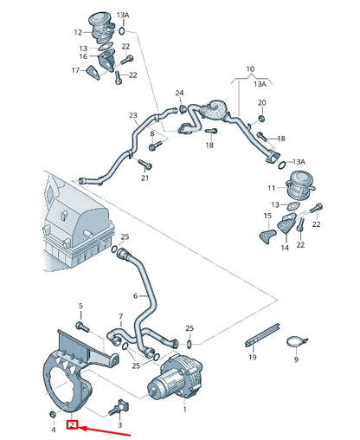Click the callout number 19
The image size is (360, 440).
[253, 357]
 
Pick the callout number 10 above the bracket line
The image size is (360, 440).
[251, 68]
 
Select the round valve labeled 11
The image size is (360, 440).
[301, 183]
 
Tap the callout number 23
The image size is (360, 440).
[133, 115]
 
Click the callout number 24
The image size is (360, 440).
[180, 93]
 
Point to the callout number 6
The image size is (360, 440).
[135, 295]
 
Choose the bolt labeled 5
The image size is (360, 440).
[81, 326]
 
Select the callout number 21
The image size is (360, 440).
[145, 178]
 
